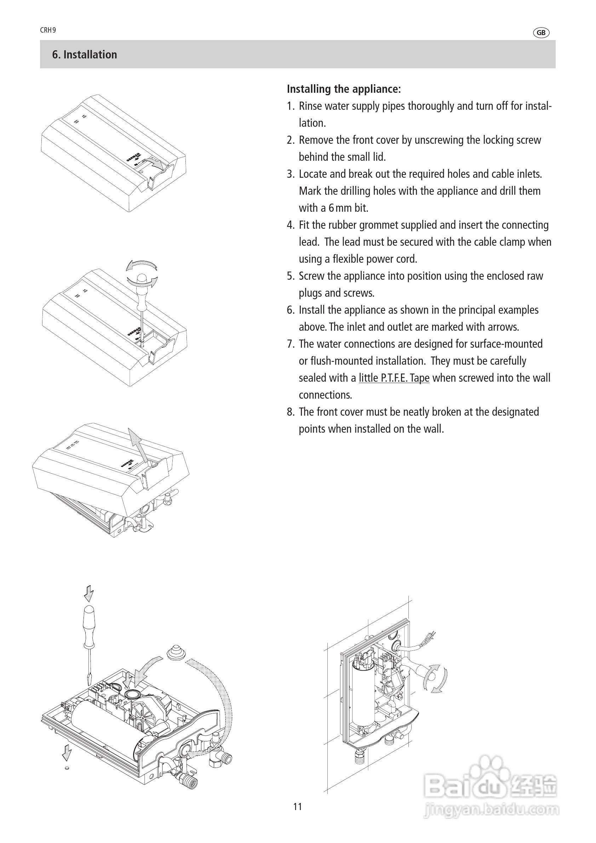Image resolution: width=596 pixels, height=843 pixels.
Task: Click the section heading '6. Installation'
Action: (x=84, y=55)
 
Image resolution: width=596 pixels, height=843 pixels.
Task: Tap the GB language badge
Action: (x=540, y=33)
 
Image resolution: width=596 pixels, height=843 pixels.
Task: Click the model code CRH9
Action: (x=48, y=30)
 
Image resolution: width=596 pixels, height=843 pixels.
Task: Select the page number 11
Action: (x=298, y=806)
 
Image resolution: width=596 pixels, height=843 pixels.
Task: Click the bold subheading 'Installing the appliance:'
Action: (x=344, y=89)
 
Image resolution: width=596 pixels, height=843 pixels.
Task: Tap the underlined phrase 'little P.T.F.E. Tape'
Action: (x=394, y=378)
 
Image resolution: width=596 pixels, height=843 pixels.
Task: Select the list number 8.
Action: (x=290, y=412)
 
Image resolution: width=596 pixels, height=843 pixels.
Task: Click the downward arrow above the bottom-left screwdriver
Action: (x=89, y=593)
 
